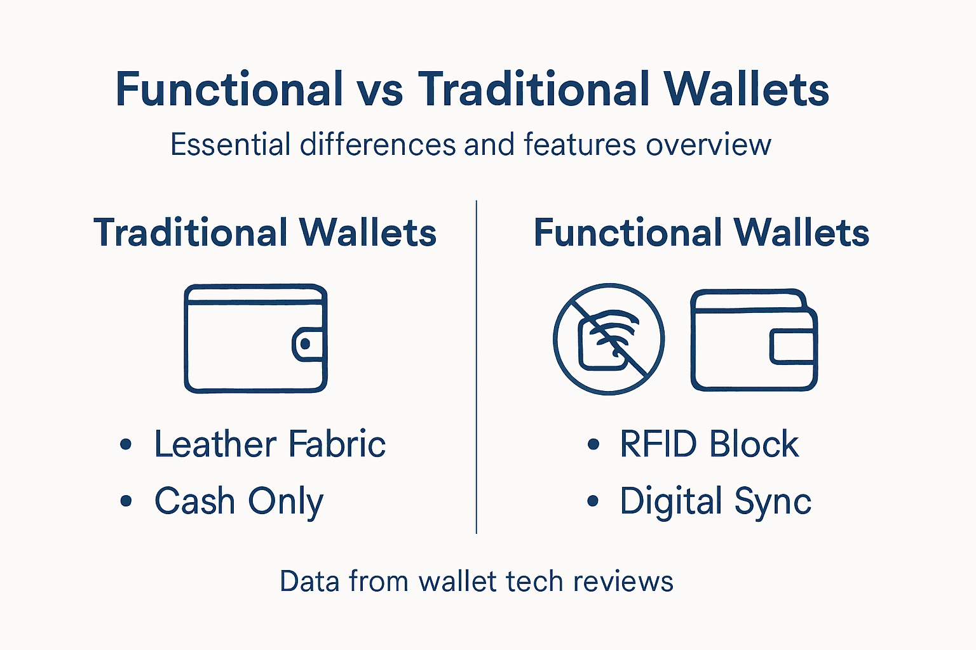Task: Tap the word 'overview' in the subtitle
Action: [x=708, y=145]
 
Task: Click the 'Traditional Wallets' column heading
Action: [x=265, y=232]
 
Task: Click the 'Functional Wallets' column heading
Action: [x=701, y=232]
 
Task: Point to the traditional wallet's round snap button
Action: [x=306, y=344]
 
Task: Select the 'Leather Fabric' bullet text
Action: [x=270, y=444]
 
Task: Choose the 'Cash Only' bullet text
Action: [x=239, y=501]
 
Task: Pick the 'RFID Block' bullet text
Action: [x=709, y=444]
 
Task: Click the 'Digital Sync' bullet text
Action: [x=715, y=501]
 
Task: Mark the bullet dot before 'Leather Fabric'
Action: [x=126, y=444]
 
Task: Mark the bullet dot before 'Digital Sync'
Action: [x=593, y=501]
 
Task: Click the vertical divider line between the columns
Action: [x=476, y=367]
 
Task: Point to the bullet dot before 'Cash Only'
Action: [x=126, y=501]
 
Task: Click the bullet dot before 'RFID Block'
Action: [x=593, y=444]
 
